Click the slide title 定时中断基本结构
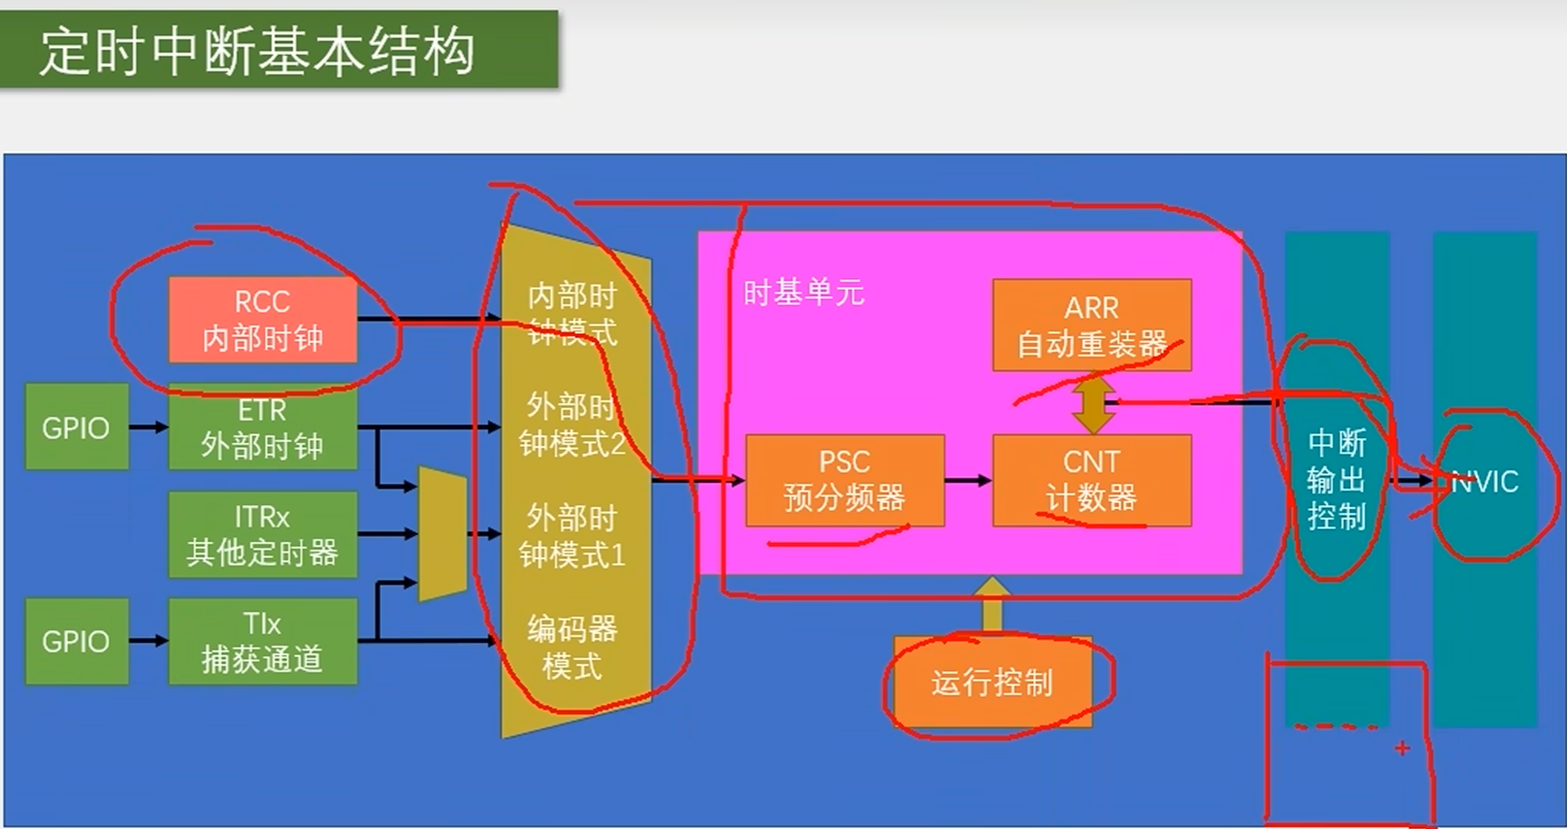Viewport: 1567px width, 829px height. tap(257, 50)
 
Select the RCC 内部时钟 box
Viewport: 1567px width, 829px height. tap(263, 319)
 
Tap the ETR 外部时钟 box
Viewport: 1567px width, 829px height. tap(263, 428)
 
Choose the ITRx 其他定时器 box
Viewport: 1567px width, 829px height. tap(263, 535)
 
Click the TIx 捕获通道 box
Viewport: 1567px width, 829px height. tap(263, 641)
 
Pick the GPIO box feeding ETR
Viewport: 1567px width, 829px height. tap(76, 428)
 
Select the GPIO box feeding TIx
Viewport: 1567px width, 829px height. tap(76, 641)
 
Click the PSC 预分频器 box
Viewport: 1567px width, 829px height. tap(844, 480)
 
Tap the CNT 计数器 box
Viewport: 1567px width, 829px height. tap(1092, 480)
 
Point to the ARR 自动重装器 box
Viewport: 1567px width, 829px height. tap(1092, 325)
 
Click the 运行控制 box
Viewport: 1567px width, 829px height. tap(992, 682)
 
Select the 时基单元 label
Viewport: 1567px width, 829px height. tap(803, 293)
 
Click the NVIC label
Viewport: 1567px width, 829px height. tap(1485, 481)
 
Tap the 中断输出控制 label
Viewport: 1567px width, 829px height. tap(1336, 480)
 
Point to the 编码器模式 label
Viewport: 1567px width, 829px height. tap(572, 648)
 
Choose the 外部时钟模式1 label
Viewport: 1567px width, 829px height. tap(572, 536)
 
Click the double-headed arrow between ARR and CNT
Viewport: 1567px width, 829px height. tap(1093, 403)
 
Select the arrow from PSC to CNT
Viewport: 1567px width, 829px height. tap(968, 480)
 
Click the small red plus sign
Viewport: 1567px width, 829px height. tap(1402, 748)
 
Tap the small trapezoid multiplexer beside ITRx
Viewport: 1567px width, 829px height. tap(442, 533)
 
